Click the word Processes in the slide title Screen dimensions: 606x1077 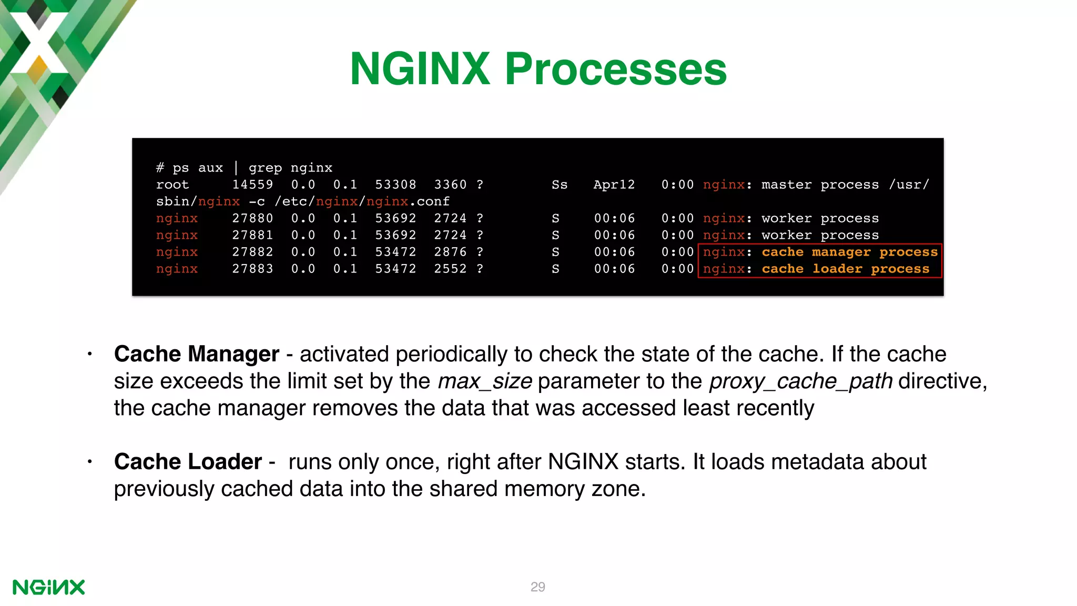pyautogui.click(x=615, y=69)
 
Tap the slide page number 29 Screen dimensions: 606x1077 pyautogui.click(x=537, y=587)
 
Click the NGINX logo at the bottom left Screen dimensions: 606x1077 pyautogui.click(x=48, y=587)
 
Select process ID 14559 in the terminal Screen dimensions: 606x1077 pyautogui.click(x=252, y=185)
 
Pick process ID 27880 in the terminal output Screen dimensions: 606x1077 pyautogui.click(x=252, y=218)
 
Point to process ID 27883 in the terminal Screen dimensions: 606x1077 pyautogui.click(x=252, y=269)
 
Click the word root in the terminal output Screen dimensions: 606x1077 pyautogui.click(x=172, y=185)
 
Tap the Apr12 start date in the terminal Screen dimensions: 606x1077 pyautogui.click(x=614, y=185)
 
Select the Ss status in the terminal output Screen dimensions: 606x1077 pyautogui.click(x=559, y=185)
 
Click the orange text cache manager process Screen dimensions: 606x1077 pyautogui.click(x=849, y=252)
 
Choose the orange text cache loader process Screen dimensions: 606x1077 pyautogui.click(x=845, y=269)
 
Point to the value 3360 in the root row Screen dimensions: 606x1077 pyautogui.click(x=450, y=185)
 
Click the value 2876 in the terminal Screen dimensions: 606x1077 pyautogui.click(x=450, y=252)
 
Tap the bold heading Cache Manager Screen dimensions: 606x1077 pyautogui.click(x=196, y=354)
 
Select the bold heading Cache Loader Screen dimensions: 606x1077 pyautogui.click(x=188, y=462)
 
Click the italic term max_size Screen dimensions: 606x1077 pyautogui.click(x=484, y=381)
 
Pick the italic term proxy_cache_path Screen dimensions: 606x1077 pyautogui.click(x=800, y=381)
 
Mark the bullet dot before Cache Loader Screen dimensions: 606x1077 pyautogui.click(x=90, y=462)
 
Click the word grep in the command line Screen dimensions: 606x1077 pyautogui.click(x=265, y=168)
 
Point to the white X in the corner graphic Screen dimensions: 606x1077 pyautogui.click(x=38, y=42)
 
